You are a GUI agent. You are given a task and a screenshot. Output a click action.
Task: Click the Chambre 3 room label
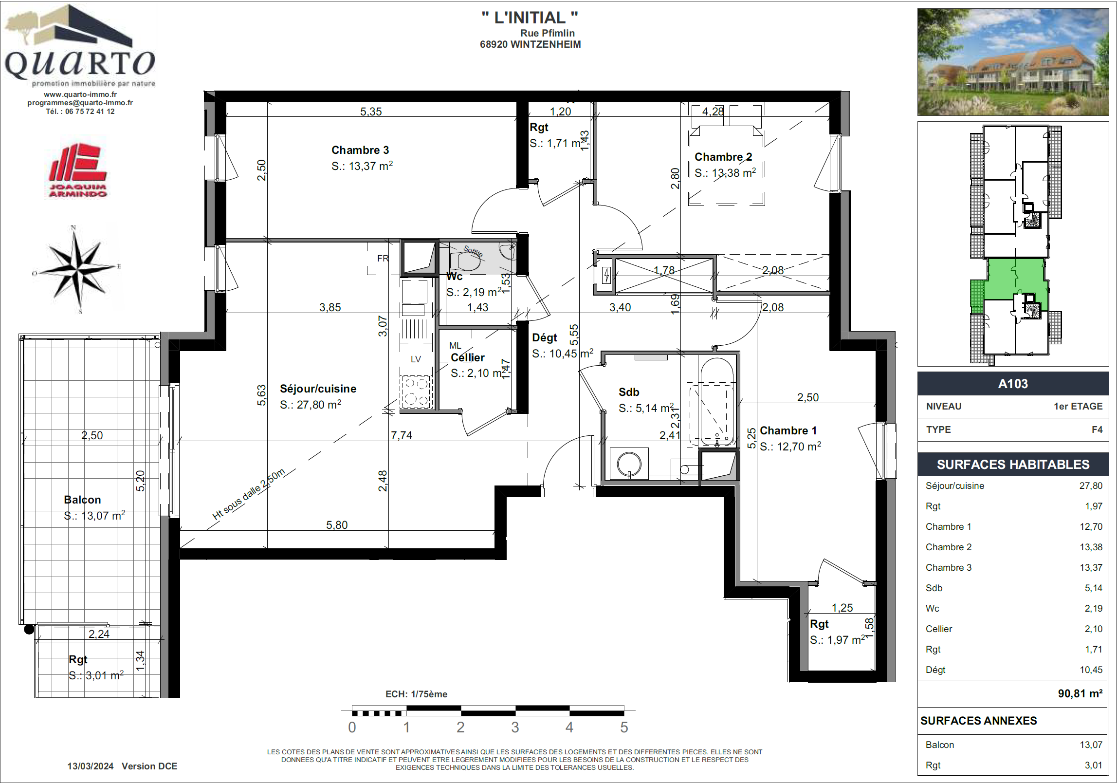(360, 150)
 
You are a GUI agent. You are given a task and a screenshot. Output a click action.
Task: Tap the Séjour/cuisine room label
(318, 389)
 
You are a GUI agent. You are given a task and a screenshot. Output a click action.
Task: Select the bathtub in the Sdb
(716, 402)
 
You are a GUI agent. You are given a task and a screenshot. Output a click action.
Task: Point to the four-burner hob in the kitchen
(416, 392)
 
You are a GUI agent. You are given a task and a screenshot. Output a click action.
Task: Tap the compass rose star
(76, 268)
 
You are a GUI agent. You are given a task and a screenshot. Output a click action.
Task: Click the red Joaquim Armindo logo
(78, 170)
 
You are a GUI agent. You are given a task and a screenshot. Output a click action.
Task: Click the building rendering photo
(1013, 62)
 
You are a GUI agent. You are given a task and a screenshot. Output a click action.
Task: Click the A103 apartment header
(1013, 384)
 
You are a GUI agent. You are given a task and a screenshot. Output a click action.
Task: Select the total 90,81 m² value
(1080, 693)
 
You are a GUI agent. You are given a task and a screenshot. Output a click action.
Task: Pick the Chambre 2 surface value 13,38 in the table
(1091, 547)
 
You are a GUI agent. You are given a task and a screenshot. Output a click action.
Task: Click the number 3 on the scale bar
(515, 728)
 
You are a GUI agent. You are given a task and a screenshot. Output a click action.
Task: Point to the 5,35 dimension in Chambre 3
(371, 112)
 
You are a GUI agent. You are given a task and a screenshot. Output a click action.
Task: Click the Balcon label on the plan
(82, 500)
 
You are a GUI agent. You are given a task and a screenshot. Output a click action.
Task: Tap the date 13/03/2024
(91, 766)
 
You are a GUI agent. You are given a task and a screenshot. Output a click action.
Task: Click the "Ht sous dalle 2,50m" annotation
(248, 494)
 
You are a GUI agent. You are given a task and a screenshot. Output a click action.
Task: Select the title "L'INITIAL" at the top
(530, 18)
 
